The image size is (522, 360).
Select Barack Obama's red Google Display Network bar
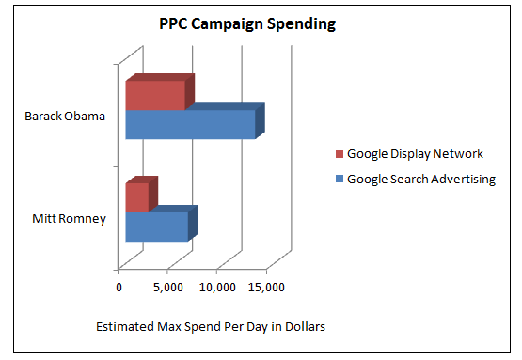pos(155,96)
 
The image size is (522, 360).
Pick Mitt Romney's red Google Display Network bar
pos(137,197)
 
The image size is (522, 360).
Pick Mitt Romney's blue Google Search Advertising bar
pos(156,227)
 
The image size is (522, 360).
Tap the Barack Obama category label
pos(66,117)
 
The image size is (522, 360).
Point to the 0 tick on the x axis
pos(119,287)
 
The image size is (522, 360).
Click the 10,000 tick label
pos(216,287)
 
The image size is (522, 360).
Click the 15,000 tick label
pos(266,287)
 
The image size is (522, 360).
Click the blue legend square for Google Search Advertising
pos(340,179)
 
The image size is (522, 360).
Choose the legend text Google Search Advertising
pos(420,179)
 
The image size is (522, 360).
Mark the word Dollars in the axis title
pos(304,327)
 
